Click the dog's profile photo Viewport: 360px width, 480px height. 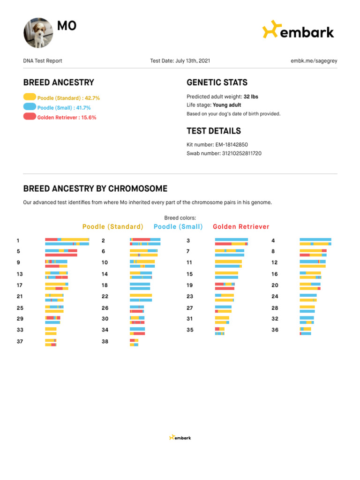[38, 33]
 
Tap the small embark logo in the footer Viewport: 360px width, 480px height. [180, 438]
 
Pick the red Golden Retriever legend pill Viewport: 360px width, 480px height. [30, 117]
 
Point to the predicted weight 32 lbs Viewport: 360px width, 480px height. [251, 97]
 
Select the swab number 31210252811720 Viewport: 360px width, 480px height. [242, 153]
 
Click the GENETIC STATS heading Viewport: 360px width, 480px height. [217, 82]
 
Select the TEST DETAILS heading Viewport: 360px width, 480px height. [214, 131]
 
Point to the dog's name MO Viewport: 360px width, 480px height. [67, 26]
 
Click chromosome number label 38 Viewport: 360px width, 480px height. [105, 342]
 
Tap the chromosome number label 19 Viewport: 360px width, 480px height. [189, 285]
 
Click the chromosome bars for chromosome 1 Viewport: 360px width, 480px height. [67, 242]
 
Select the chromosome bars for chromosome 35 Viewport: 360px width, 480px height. [220, 331]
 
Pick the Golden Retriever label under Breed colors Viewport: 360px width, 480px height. [241, 227]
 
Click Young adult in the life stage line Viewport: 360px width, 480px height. [227, 105]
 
